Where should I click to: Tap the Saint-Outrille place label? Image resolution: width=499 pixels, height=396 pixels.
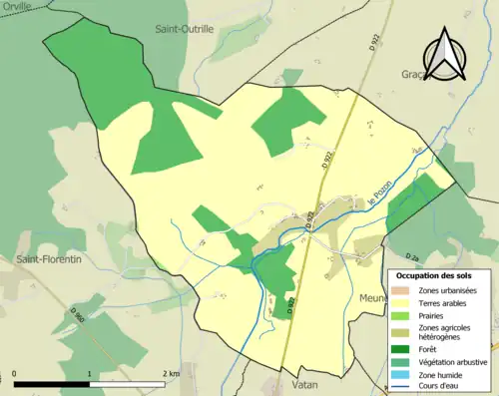tap(184, 30)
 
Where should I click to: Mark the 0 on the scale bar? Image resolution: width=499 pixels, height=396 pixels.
tap(16, 374)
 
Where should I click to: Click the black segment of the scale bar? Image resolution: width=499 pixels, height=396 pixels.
tap(52, 384)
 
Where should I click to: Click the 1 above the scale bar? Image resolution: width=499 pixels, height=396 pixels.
tap(90, 374)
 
